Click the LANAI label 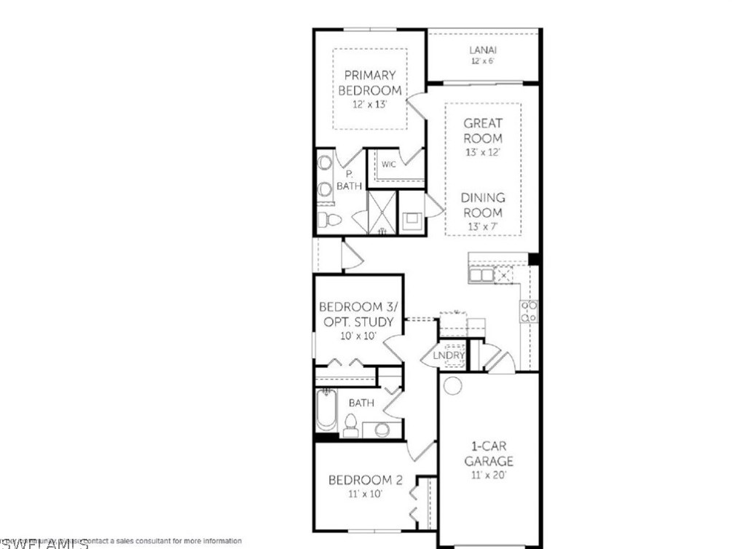(x=483, y=50)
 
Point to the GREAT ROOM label (x=483, y=131)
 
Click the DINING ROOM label (x=483, y=205)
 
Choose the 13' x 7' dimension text (x=483, y=226)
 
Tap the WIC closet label (x=389, y=165)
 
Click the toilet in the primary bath (x=328, y=220)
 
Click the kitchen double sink (x=481, y=275)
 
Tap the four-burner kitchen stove (x=530, y=311)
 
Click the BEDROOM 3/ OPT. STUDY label (x=357, y=315)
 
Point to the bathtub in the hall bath (x=325, y=412)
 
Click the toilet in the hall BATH (x=350, y=425)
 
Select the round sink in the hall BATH (x=381, y=429)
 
